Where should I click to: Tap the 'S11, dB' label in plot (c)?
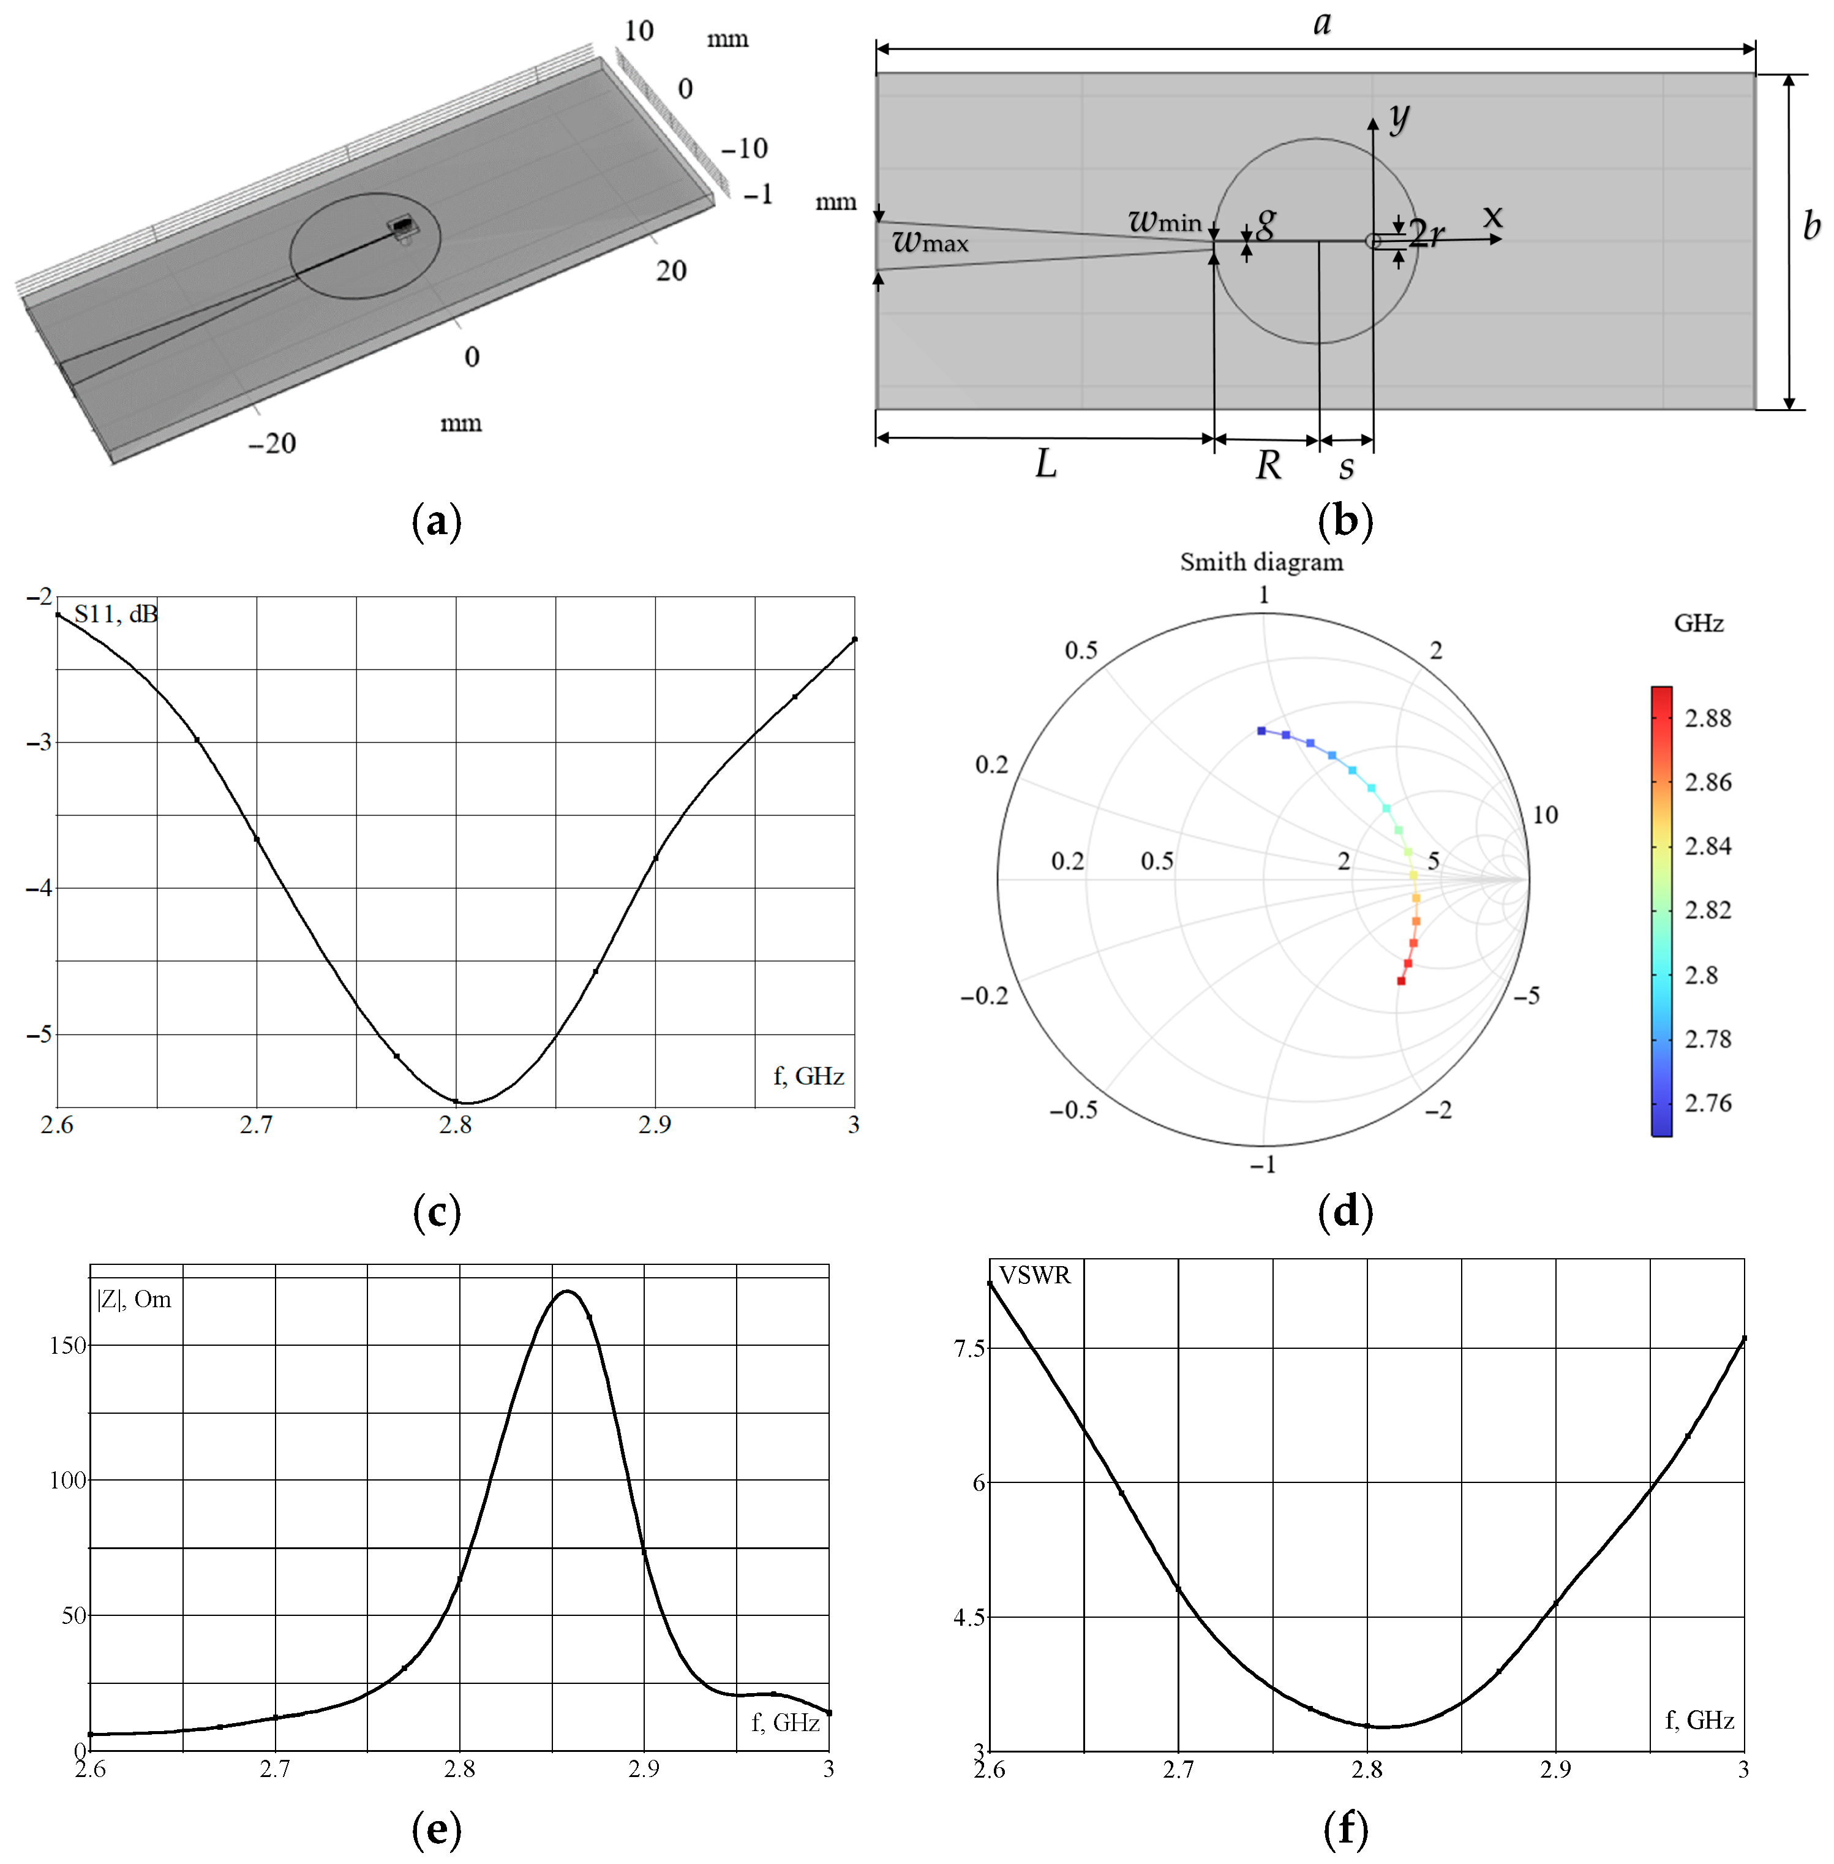(116, 614)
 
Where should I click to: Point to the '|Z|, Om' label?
(134, 1299)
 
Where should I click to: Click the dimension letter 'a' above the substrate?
(1323, 23)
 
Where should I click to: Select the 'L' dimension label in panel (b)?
(1046, 464)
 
